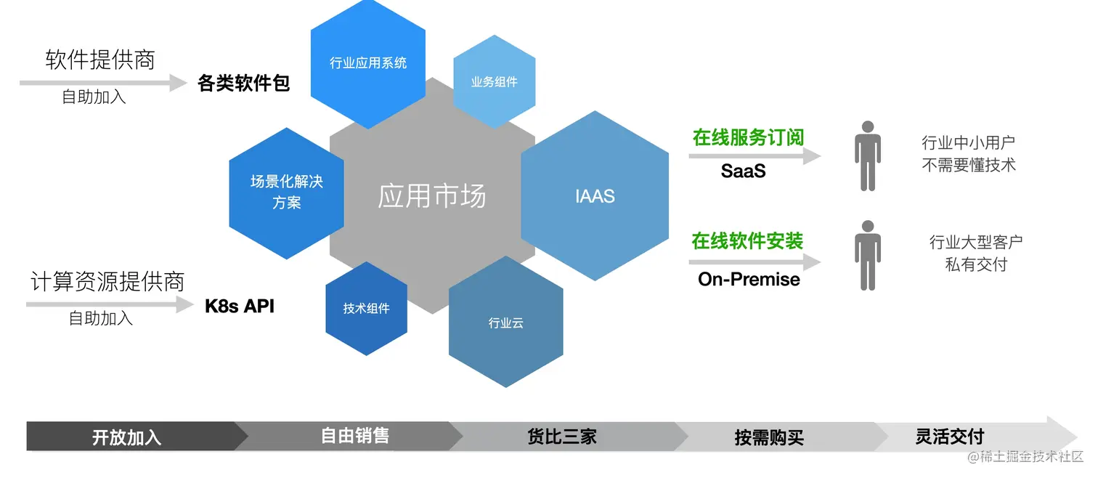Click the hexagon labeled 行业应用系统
point(368,63)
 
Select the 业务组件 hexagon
point(494,82)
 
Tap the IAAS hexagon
point(595,195)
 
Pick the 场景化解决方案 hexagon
point(287,193)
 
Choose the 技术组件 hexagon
point(366,308)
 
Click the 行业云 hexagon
point(506,322)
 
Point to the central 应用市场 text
point(431,196)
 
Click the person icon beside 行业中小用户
point(868,156)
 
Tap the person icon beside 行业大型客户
point(868,256)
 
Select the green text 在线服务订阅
point(748,138)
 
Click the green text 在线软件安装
point(747,240)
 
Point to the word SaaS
point(743,171)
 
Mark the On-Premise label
point(749,280)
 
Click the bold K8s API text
point(240,306)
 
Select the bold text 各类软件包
point(243,83)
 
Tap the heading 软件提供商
point(100,60)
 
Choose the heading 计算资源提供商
point(107,281)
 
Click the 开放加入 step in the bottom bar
point(127,437)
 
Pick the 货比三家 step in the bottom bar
point(562,437)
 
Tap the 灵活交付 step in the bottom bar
point(950,436)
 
